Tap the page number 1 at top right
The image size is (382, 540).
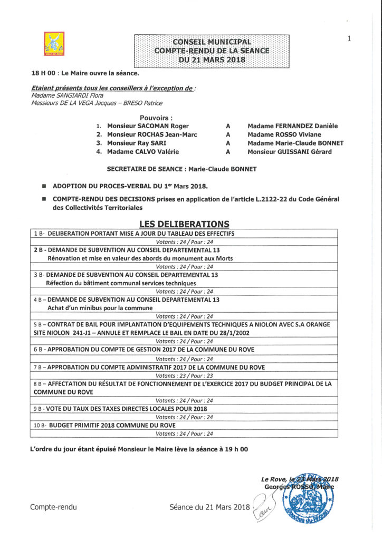point(349,38)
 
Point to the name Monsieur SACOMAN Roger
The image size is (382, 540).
point(148,126)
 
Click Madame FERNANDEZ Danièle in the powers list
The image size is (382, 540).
point(292,126)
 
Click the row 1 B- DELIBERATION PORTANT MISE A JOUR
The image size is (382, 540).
point(134,233)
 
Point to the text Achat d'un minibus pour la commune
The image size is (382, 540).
point(100,308)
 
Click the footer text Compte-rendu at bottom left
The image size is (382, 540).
point(53,507)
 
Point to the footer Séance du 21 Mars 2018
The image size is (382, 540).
point(209,507)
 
